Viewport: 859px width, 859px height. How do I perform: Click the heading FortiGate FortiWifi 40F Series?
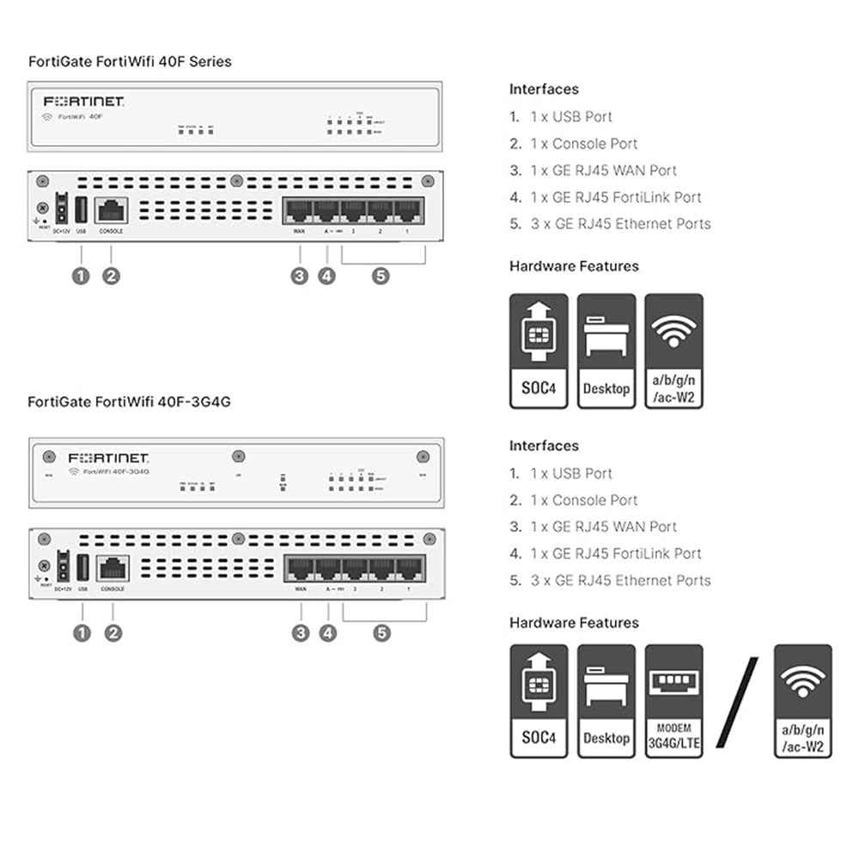(x=130, y=62)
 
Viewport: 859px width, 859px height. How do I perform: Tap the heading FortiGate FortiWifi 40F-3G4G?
(x=129, y=401)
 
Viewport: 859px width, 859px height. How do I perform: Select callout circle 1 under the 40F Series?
(x=81, y=276)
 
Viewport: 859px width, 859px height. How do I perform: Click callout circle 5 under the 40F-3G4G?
(x=382, y=633)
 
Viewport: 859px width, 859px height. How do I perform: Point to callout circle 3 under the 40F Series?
(x=299, y=276)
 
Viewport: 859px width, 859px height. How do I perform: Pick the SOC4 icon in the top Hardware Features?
(x=539, y=351)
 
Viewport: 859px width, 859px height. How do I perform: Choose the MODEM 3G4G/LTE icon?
(x=673, y=701)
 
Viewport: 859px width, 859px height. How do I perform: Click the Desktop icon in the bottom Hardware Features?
(x=606, y=701)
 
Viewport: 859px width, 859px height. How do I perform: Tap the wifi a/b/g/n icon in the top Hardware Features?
(x=673, y=351)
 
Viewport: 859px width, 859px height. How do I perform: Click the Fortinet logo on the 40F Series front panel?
(x=84, y=101)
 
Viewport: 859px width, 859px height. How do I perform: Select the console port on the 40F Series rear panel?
(x=112, y=210)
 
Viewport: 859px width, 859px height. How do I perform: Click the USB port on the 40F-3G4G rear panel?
(x=82, y=567)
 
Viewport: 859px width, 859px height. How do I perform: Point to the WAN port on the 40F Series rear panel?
(x=298, y=210)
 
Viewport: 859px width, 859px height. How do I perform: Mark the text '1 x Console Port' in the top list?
(x=584, y=143)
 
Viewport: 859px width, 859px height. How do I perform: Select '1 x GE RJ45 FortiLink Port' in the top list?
(x=616, y=198)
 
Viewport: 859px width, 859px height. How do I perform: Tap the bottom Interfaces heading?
(x=544, y=446)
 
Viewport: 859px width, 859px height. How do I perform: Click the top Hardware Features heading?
(x=574, y=266)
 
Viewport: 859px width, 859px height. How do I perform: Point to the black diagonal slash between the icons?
(x=737, y=701)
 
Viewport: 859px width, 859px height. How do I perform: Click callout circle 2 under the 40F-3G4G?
(x=113, y=633)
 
